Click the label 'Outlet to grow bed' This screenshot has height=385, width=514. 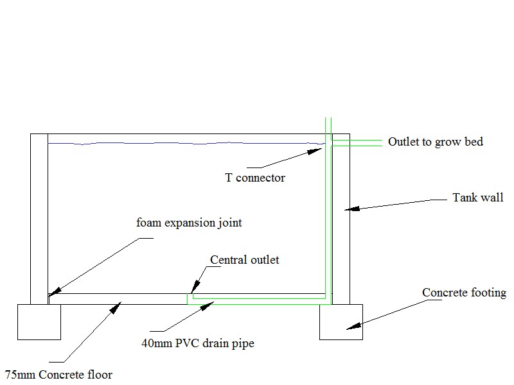[435, 142]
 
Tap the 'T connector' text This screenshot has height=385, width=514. [254, 178]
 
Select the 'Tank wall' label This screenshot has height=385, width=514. [477, 198]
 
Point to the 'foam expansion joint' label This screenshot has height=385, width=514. [189, 223]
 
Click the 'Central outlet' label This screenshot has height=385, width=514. [245, 260]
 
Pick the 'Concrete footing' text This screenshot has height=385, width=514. [464, 293]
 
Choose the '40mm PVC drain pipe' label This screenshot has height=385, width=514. [198, 343]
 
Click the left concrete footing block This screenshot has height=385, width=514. [39, 321]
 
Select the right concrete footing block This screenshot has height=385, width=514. [341, 321]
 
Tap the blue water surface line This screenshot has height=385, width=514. [186, 143]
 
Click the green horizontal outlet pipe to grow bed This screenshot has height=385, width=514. [360, 142]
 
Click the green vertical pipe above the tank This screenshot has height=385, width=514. [327, 125]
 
